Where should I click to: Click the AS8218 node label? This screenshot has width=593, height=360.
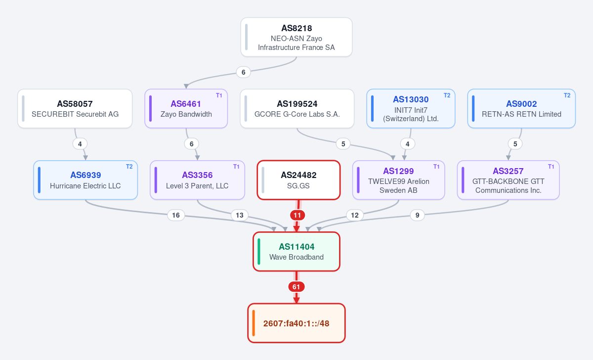coord(296,28)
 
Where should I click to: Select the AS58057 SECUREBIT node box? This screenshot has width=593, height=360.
coord(75,109)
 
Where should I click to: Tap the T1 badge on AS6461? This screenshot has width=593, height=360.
coord(219,95)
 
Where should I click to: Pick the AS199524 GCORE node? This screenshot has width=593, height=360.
coord(297,109)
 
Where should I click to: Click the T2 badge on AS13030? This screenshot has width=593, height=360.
coord(447,95)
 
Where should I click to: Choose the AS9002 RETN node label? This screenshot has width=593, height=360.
coord(521,104)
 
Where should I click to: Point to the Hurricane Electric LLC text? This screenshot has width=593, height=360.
coord(85,186)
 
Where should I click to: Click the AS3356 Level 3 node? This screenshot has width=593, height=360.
coord(197,180)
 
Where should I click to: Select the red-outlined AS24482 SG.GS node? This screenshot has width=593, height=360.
coord(298,180)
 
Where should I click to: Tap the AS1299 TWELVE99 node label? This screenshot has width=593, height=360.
coord(398,171)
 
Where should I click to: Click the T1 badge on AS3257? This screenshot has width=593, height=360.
coord(551,167)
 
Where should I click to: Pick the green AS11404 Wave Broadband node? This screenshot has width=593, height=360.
coord(296,252)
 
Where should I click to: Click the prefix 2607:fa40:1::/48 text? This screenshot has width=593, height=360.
coord(296,323)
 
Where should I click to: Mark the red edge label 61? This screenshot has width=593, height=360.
coord(296,287)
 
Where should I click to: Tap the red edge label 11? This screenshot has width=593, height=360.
coord(297,215)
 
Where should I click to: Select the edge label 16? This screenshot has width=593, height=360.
coord(176,215)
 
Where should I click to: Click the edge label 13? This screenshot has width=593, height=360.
coord(240,215)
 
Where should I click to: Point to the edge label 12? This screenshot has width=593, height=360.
coord(355,215)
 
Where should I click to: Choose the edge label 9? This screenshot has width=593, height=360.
coord(417,215)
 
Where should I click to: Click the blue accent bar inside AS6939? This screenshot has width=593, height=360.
coord(39,180)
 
